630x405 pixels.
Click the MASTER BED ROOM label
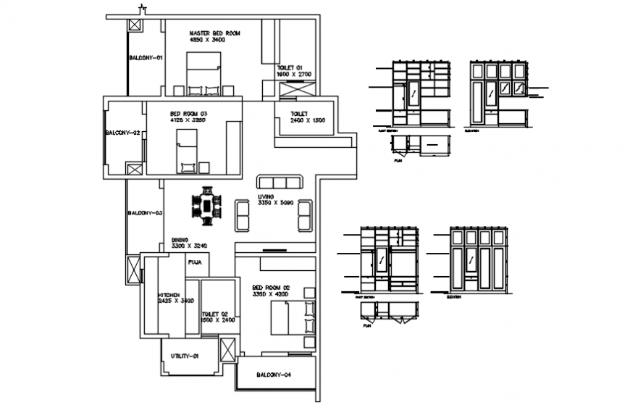pos(214,33)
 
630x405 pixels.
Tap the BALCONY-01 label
pos(146,58)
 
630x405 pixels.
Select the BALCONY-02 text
pos(122,133)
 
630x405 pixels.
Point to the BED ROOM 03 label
pos(188,113)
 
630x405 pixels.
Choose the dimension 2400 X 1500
pos(308,120)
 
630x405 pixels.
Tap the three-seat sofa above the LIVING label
pos(280,181)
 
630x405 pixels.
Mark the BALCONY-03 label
pos(145,213)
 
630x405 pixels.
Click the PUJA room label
pos(195,262)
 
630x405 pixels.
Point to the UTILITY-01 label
pos(185,356)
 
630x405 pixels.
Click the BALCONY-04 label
pos(274,375)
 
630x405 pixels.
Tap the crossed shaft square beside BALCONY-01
pos(134,25)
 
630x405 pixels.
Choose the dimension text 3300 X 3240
pos(190,246)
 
